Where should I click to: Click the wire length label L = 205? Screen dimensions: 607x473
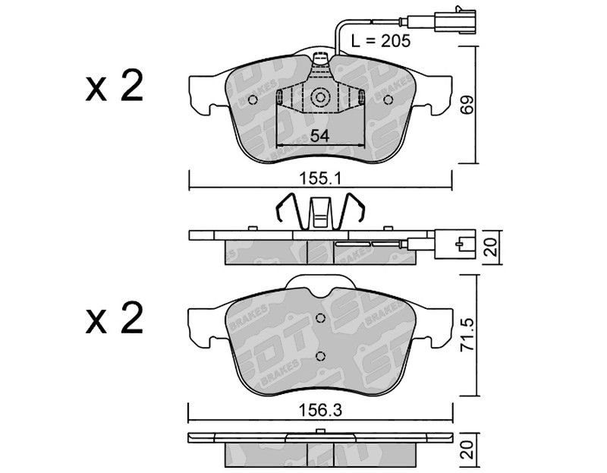(x=381, y=41)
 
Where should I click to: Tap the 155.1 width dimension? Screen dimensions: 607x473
(x=319, y=179)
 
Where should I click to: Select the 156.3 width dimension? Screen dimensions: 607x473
(x=320, y=411)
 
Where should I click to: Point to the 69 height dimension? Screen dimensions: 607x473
(x=467, y=104)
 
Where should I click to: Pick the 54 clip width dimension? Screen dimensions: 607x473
(x=319, y=136)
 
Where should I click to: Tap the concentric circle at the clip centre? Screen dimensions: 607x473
(x=320, y=97)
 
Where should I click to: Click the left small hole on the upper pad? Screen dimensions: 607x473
(x=253, y=100)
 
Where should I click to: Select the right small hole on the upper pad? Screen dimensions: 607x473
(x=388, y=100)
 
